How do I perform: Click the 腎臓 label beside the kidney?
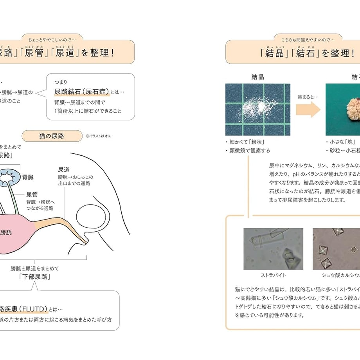point(28,177)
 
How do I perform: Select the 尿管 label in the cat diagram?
point(32,194)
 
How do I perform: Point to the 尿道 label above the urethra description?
point(63,169)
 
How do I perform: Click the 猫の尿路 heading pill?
point(52,136)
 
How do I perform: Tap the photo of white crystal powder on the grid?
point(257,109)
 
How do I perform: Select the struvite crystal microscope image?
point(273,249)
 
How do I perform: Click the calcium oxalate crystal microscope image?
point(336,249)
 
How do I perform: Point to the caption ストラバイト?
point(273,275)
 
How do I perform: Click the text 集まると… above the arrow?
point(308,96)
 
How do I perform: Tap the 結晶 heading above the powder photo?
point(257,77)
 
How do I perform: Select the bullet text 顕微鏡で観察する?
point(249,150)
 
